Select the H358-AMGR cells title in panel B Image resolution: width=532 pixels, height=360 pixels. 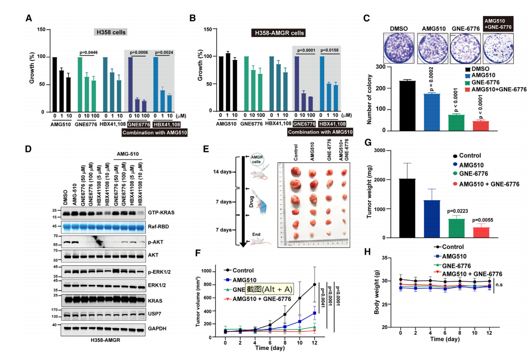click(x=278, y=33)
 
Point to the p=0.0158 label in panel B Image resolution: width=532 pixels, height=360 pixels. click(x=334, y=50)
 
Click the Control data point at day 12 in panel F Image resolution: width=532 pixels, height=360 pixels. click(x=315, y=284)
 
